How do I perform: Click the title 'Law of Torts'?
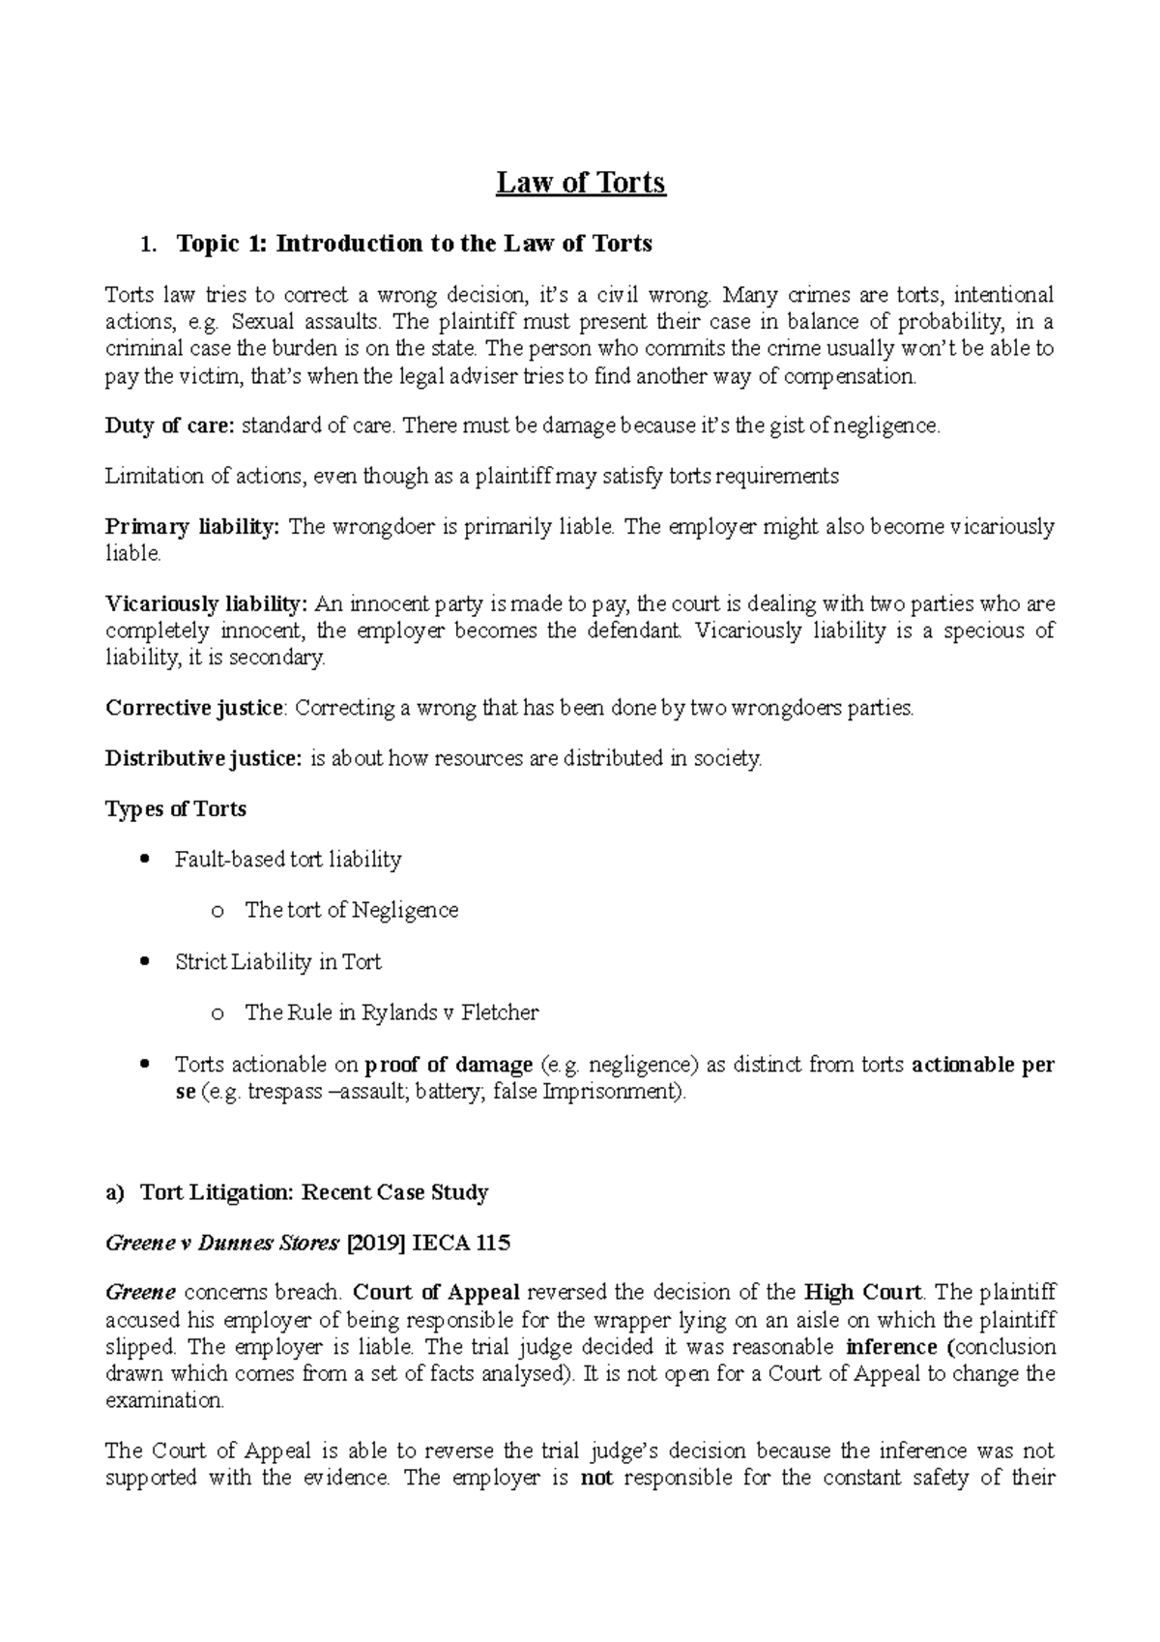[581, 182]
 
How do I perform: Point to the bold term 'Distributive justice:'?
[203, 758]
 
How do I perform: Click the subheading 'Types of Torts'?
[175, 808]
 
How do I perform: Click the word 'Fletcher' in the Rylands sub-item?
[500, 1012]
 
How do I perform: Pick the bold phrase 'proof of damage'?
[449, 1065]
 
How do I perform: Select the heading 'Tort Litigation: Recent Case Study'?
[314, 1192]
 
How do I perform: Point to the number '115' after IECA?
[492, 1244]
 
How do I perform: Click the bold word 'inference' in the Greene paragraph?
[890, 1347]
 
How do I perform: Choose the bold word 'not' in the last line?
[596, 1478]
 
